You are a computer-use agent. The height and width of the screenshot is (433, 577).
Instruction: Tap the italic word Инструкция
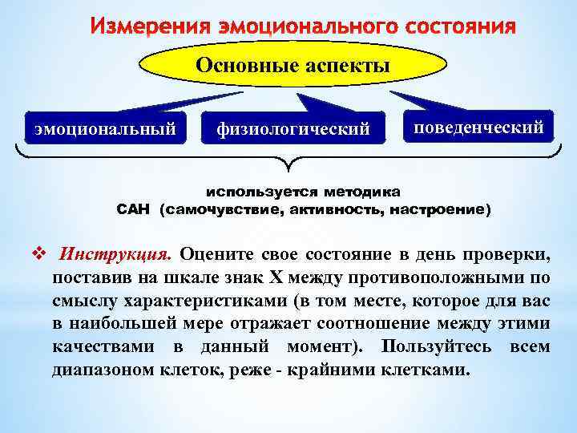tap(115, 255)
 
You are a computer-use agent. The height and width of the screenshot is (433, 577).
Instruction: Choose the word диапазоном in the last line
tap(102, 370)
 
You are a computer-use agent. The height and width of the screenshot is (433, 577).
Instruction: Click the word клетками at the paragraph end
tap(429, 370)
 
